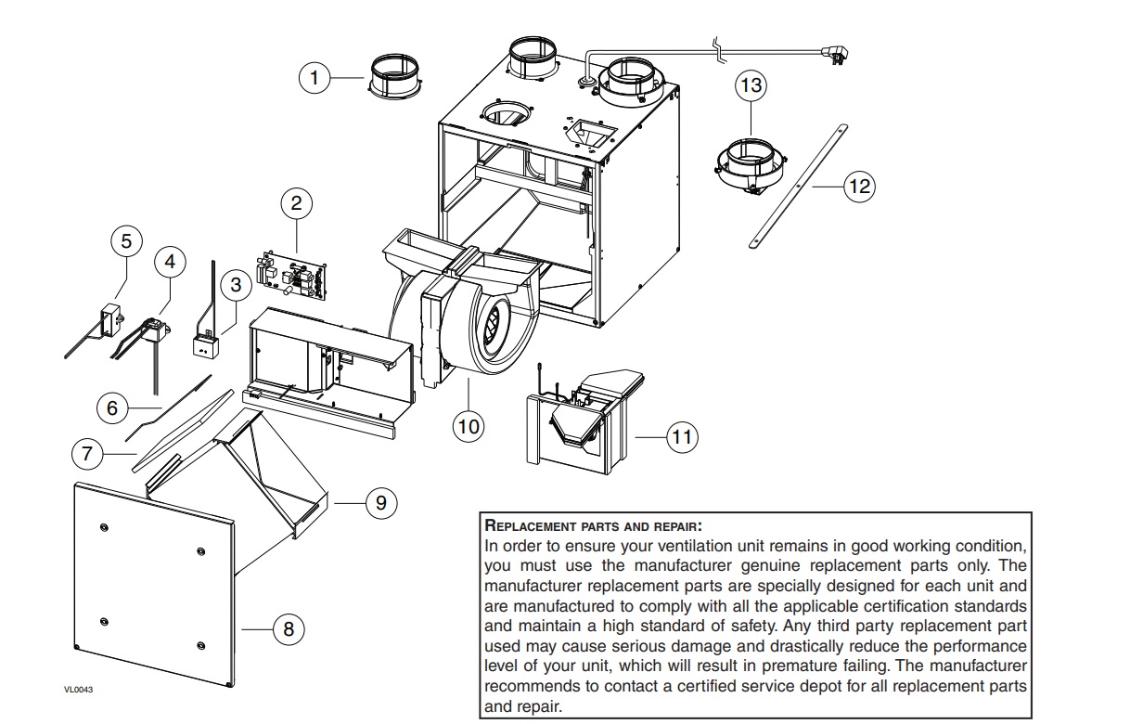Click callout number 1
(x=315, y=78)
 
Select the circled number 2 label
(x=296, y=203)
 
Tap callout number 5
(x=126, y=240)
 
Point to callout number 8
(x=288, y=629)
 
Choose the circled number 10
(x=469, y=427)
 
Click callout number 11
(x=682, y=437)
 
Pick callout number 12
(x=860, y=187)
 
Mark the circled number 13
(x=751, y=84)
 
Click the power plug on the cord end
(x=836, y=55)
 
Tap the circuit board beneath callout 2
(x=291, y=275)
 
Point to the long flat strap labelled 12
(x=798, y=187)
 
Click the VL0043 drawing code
(x=78, y=690)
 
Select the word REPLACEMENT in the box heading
(x=531, y=525)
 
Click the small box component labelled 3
(x=206, y=346)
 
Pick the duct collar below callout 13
(x=751, y=167)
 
